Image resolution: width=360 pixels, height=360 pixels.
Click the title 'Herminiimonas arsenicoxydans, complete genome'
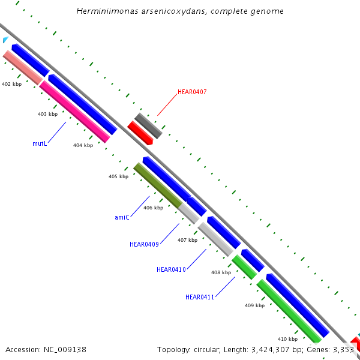click(180, 11)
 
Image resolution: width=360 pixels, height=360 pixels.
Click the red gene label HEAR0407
click(192, 92)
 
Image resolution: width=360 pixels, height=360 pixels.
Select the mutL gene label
click(40, 144)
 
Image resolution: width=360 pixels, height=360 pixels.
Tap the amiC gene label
click(122, 217)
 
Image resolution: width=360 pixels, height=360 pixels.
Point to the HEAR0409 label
click(144, 244)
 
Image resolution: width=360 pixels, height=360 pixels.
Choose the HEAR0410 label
click(171, 270)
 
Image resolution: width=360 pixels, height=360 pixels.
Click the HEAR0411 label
click(200, 297)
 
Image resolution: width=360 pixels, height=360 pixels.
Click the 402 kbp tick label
click(11, 85)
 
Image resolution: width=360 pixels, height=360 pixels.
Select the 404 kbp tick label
click(83, 145)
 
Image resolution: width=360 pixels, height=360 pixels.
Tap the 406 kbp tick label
click(153, 208)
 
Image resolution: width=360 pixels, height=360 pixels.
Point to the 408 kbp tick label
click(221, 272)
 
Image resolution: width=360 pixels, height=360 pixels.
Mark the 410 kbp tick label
click(287, 339)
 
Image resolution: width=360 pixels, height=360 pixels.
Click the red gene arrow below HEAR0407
click(140, 132)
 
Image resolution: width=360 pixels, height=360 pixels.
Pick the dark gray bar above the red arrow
click(148, 125)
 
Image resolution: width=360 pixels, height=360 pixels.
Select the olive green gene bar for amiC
click(157, 184)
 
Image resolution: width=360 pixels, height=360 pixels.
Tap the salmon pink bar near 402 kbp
click(22, 67)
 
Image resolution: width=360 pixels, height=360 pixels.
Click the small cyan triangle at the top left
click(5, 40)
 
